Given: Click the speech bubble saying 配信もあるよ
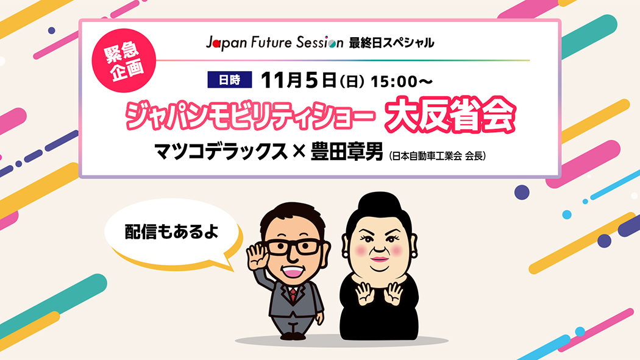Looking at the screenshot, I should point(172,233).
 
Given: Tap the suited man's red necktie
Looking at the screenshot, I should point(293,295).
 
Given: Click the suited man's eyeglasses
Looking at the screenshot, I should point(294,246).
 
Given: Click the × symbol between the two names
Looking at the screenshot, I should point(298,151).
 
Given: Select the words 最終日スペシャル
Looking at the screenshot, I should point(391,43).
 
